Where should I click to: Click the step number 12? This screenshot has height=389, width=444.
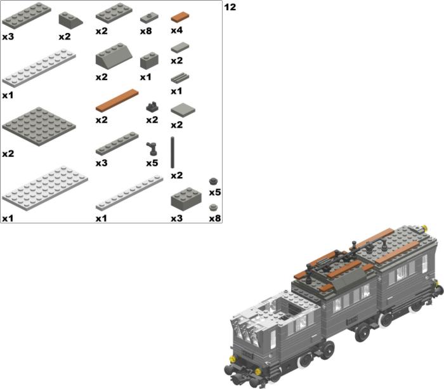pyautogui.click(x=230, y=7)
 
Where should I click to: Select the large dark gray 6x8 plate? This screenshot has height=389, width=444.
pyautogui.click(x=39, y=126)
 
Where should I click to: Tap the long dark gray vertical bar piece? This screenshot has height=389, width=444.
pyautogui.click(x=173, y=152)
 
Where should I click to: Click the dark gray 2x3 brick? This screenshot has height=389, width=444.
pyautogui.click(x=186, y=197)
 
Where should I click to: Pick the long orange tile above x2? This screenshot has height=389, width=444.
pyautogui.click(x=117, y=100)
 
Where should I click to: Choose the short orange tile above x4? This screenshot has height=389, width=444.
pyautogui.click(x=180, y=16)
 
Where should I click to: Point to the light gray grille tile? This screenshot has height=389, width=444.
pyautogui.click(x=180, y=77)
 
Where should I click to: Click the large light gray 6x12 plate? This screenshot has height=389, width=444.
pyautogui.click(x=45, y=188)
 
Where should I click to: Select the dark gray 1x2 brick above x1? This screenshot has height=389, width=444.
pyautogui.click(x=149, y=60)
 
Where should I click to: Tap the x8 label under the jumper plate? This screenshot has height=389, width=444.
pyautogui.click(x=146, y=31)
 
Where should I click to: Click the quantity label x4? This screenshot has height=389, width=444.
pyautogui.click(x=177, y=30)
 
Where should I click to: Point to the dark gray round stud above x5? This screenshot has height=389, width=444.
pyautogui.click(x=214, y=181)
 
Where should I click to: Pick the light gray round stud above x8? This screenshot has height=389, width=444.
pyautogui.click(x=214, y=208)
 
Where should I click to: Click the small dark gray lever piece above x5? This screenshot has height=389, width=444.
pyautogui.click(x=152, y=148)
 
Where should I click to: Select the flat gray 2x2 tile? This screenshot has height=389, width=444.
pyautogui.click(x=183, y=110)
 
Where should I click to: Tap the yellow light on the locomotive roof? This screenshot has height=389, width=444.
pyautogui.click(x=424, y=227)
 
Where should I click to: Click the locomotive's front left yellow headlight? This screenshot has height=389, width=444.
pyautogui.click(x=232, y=359)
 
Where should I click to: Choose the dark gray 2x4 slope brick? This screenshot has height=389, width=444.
pyautogui.click(x=114, y=55)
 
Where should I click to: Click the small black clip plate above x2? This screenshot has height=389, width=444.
pyautogui.click(x=152, y=107)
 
